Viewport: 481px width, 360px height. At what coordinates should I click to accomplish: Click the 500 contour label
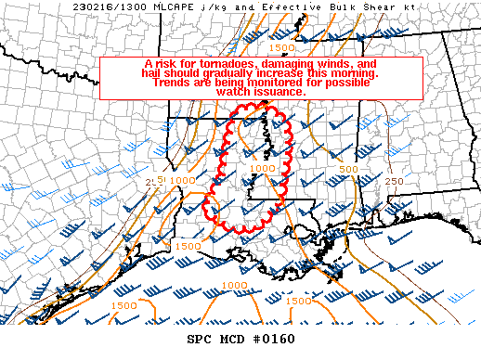point(348,169)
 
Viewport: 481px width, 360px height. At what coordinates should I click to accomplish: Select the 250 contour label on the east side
point(395,181)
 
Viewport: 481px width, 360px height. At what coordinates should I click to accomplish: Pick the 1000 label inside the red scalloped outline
point(263,169)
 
